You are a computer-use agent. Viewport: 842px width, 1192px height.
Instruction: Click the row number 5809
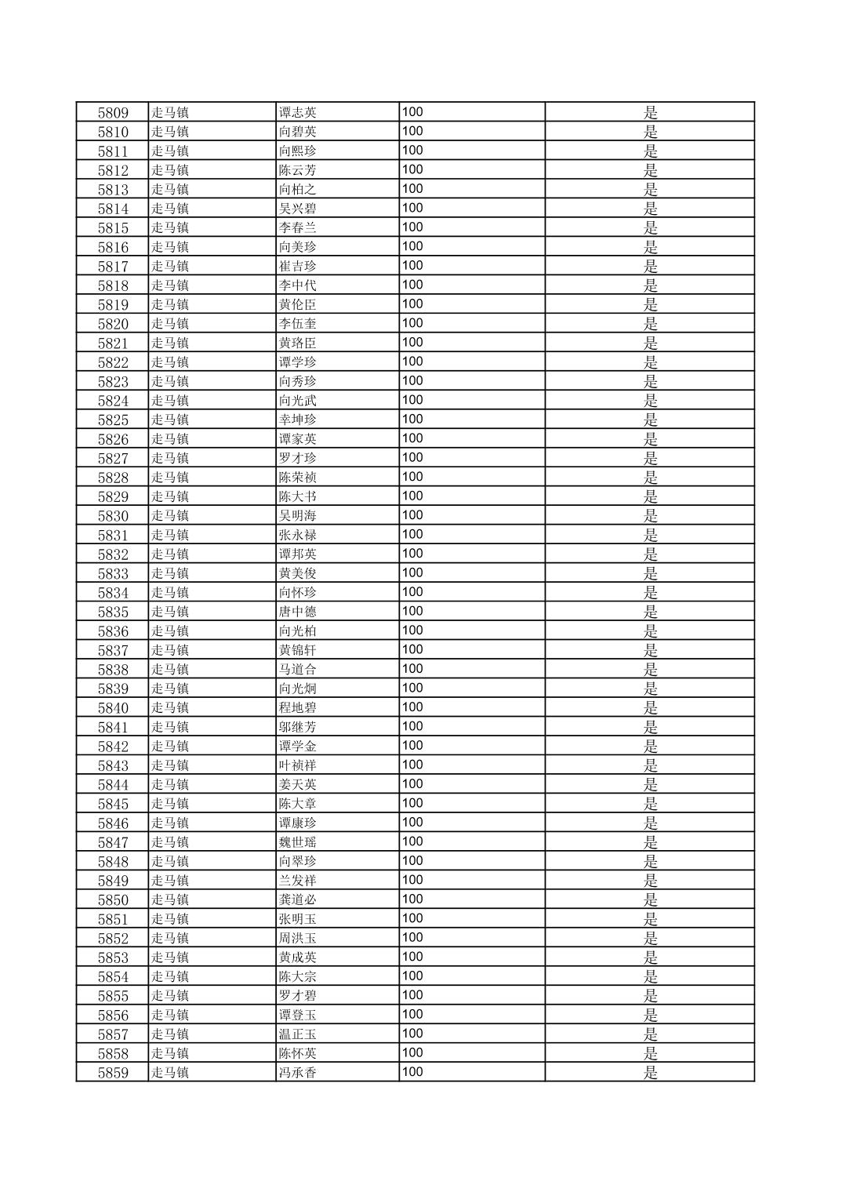(113, 112)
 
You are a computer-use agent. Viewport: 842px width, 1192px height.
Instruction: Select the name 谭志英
(298, 112)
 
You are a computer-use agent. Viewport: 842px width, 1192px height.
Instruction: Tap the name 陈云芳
(298, 170)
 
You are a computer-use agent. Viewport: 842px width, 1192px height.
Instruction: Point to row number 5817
(113, 267)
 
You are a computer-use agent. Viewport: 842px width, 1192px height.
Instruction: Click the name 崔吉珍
(298, 267)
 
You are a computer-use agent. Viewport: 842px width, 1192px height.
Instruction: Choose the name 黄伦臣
(298, 305)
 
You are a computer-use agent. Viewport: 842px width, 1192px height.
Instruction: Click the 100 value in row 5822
(412, 362)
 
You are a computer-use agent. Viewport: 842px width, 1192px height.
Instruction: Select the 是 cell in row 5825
(650, 420)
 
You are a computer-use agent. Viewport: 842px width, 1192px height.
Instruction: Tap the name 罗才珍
(298, 459)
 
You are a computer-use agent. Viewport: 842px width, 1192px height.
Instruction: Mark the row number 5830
(113, 516)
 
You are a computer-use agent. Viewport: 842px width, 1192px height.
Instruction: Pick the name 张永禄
(298, 536)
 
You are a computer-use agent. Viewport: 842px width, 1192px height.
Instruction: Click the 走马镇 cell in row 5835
(170, 612)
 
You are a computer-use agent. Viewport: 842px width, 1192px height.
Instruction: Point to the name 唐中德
(298, 612)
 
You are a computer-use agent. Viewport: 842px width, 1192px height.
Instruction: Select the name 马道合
(298, 670)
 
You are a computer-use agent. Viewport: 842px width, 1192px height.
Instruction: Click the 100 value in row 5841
(412, 726)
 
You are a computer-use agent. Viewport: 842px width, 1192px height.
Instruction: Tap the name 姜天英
(298, 785)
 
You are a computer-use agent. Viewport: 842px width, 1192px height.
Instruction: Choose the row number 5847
(113, 843)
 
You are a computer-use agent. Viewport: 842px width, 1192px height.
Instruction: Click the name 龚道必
(298, 900)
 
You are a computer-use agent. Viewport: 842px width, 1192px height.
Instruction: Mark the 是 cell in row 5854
(650, 977)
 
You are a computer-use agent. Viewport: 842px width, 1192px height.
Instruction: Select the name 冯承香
(298, 1073)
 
